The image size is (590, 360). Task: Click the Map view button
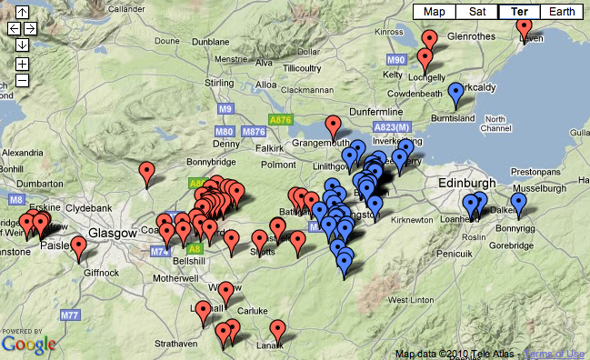435,12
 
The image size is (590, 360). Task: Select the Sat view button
477,12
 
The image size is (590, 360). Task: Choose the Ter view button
520,12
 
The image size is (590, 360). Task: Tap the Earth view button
562,12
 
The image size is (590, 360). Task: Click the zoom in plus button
22,64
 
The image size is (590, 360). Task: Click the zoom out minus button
22,79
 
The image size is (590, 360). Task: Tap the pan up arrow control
22,13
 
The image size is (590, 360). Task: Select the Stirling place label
222,84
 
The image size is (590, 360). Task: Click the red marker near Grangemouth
333,126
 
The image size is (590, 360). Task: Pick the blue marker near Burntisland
455,93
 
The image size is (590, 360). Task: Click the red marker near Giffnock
79,245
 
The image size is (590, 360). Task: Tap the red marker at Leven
525,27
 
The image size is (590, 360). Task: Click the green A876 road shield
280,119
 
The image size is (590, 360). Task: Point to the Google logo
28,345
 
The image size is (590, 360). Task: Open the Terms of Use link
555,354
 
